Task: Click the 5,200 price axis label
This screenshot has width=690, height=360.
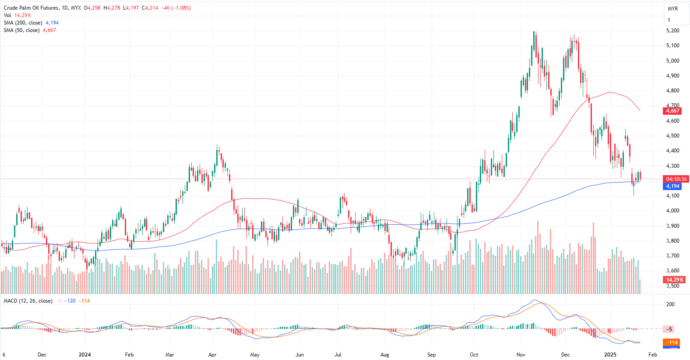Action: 672,31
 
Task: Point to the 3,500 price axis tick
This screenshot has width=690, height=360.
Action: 672,286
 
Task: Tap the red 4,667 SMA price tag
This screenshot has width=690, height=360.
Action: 672,111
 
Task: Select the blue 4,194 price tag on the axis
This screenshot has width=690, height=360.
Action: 672,186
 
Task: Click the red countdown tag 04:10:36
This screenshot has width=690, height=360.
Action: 676,179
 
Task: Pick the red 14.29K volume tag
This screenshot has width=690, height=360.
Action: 674,280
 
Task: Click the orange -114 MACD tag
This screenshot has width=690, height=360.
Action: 672,342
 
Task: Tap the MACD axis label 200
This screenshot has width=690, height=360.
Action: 670,304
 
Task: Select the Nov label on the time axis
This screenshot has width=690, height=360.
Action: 521,355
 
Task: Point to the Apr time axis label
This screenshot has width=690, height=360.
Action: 212,355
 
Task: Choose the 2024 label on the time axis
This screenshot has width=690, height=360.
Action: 84,355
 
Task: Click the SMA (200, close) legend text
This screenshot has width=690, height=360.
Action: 23,23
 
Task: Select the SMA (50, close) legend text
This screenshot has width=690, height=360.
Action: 22,30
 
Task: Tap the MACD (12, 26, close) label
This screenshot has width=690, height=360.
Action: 28,301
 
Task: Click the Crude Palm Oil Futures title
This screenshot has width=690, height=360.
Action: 31,8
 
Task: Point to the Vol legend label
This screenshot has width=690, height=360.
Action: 7,15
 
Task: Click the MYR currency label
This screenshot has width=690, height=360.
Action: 672,9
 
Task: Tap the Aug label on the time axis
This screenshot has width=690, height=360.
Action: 384,355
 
